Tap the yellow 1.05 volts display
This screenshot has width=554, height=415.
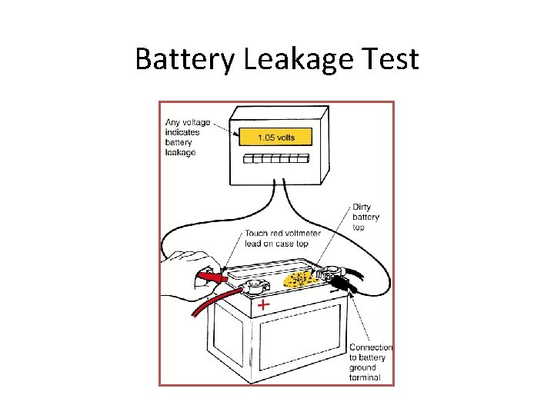coord(275,138)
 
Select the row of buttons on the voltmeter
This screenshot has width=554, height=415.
coord(275,160)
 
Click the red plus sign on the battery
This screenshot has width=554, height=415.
coord(264,305)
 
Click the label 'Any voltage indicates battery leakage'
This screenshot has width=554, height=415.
coord(182,138)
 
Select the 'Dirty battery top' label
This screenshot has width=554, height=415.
coord(365,217)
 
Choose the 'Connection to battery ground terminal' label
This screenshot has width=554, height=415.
coord(370,362)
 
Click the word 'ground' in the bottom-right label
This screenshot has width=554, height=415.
coord(363,367)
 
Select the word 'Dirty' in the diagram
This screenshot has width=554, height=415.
coord(362,207)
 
